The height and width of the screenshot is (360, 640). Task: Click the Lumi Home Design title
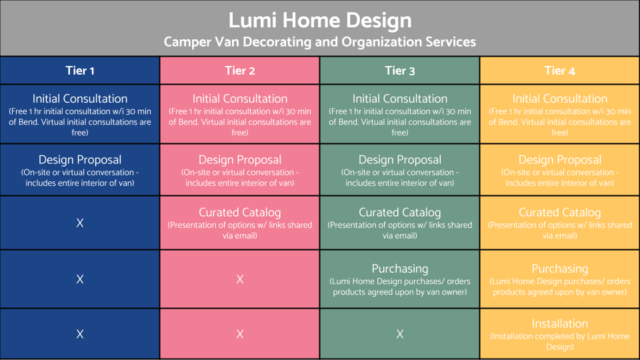tap(320, 21)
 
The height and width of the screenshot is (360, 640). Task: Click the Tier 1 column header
tap(80, 70)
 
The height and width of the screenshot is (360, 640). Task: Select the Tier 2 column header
tap(240, 70)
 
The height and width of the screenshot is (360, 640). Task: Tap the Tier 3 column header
tap(400, 70)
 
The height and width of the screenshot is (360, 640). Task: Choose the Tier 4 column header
tap(560, 70)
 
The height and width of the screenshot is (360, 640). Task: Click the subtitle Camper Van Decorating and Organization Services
tap(320, 42)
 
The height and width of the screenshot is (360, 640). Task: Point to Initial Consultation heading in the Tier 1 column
tap(80, 99)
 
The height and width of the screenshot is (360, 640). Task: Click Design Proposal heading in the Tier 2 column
tap(240, 160)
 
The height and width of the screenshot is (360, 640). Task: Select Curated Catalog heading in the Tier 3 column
tap(400, 213)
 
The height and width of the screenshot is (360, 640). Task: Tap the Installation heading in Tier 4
tap(560, 323)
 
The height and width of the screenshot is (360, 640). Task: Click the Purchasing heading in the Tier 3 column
tap(400, 269)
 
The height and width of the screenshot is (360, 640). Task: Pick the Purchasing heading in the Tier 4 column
tap(560, 269)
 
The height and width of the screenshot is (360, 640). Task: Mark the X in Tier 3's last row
tap(400, 334)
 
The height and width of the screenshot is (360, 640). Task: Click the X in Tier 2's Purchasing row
tap(240, 279)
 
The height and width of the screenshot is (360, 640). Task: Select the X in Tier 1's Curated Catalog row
tap(80, 223)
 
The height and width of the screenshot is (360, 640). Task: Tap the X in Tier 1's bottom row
tap(80, 334)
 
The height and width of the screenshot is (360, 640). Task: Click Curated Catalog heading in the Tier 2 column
tap(240, 213)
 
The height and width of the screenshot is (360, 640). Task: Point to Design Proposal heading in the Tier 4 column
tap(560, 160)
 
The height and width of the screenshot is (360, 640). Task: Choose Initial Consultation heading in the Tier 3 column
tap(400, 99)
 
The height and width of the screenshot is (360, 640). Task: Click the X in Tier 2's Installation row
tap(240, 334)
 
